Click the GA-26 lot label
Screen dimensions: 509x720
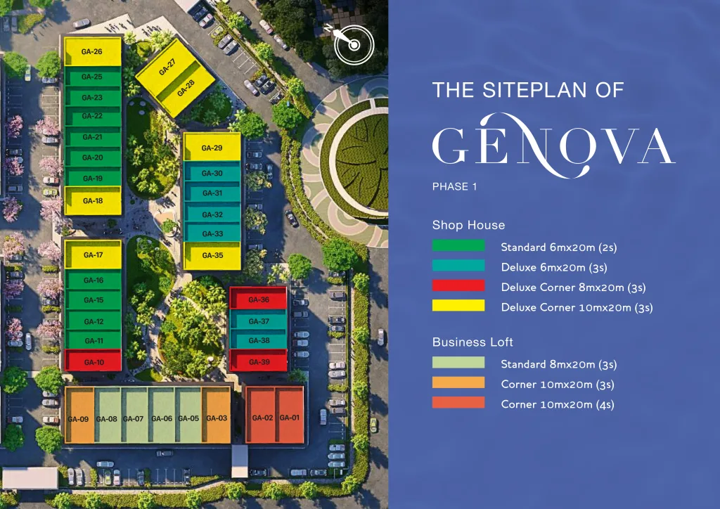(92, 52)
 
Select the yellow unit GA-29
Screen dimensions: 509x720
(212, 148)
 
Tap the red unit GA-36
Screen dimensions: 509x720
(258, 299)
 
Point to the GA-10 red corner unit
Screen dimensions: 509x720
(94, 362)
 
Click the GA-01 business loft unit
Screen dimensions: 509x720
(289, 418)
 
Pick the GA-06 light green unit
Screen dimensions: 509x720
(162, 419)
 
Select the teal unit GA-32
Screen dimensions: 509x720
(212, 214)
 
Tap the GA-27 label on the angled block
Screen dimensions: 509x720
(167, 67)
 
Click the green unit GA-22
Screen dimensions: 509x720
(92, 116)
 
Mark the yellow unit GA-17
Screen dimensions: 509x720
(94, 255)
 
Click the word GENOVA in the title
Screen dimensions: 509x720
(553, 146)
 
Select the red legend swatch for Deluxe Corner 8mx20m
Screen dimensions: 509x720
(458, 285)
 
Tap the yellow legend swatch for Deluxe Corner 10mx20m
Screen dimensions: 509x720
(458, 306)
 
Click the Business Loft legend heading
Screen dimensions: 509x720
(472, 342)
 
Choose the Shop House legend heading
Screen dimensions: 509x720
(468, 226)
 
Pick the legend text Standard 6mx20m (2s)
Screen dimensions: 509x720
(558, 247)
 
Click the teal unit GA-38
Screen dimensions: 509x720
(259, 341)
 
